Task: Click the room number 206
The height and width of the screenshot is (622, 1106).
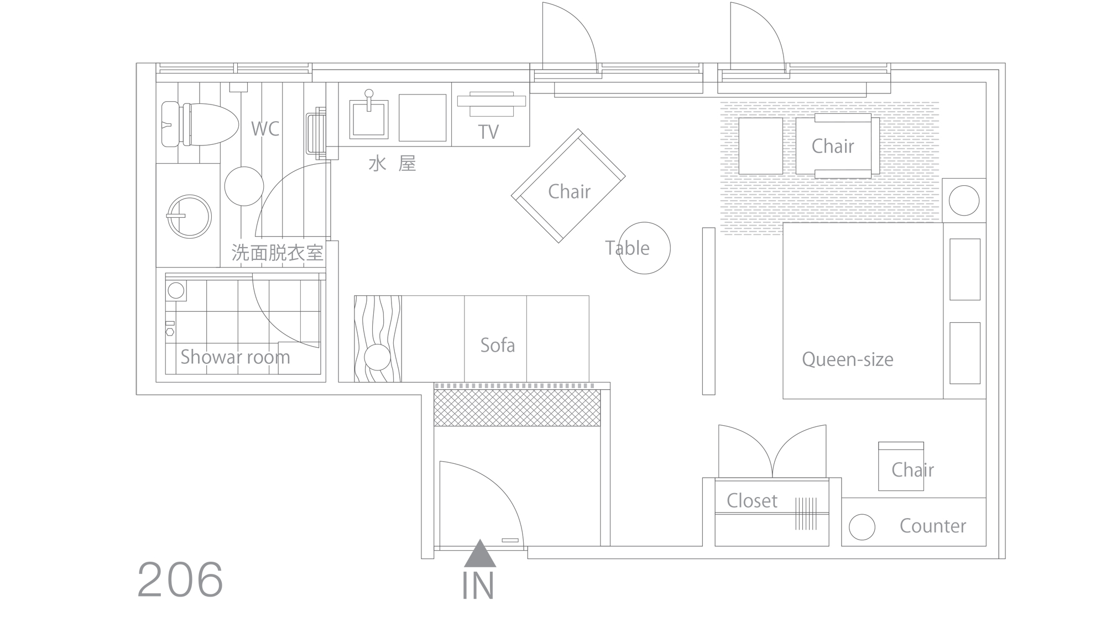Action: (x=180, y=579)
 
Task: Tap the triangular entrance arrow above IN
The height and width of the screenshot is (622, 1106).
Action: (x=479, y=554)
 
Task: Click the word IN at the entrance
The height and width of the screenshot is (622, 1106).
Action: (x=478, y=587)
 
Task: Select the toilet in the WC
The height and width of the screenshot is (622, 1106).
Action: (x=200, y=124)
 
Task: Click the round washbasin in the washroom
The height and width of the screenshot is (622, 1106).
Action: (x=189, y=217)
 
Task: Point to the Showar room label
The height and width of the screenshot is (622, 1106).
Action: (x=235, y=357)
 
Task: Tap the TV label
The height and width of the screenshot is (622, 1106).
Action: (x=488, y=132)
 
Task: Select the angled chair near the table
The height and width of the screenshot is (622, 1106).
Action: (x=568, y=186)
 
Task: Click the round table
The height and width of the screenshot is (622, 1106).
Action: (x=644, y=248)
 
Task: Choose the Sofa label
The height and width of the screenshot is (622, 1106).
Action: (x=498, y=346)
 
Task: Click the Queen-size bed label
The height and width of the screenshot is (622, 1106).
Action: (x=847, y=360)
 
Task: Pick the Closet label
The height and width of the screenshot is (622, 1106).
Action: (x=752, y=501)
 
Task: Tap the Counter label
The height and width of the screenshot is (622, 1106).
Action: (x=933, y=526)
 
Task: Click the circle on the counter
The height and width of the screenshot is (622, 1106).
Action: (x=862, y=527)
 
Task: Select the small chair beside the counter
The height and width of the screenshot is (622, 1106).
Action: (x=901, y=466)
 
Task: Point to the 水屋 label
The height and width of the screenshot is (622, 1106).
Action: (x=392, y=164)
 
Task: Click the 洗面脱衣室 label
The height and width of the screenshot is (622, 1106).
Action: (x=277, y=253)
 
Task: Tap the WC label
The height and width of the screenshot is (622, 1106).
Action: (x=265, y=129)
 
